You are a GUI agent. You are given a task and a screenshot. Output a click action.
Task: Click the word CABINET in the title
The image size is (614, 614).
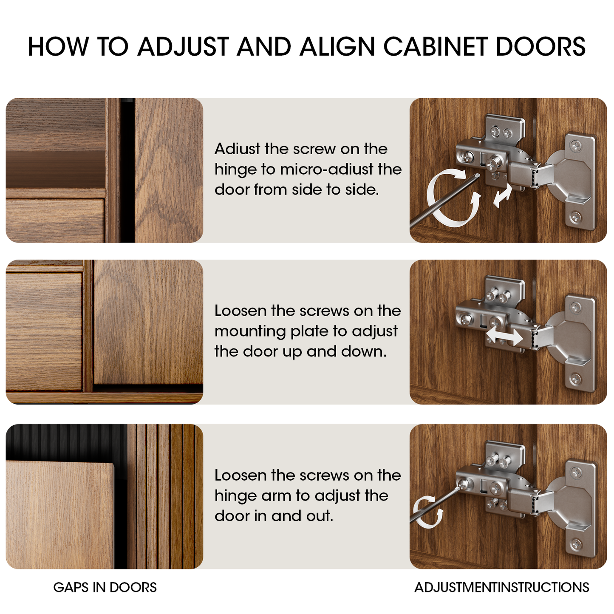tap(435, 46)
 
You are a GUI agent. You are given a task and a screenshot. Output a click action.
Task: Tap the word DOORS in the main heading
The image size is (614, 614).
tap(541, 46)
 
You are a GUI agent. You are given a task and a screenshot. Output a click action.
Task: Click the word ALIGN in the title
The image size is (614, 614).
tap(337, 46)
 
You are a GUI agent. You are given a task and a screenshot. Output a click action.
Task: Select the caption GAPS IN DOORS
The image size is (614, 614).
tap(105, 587)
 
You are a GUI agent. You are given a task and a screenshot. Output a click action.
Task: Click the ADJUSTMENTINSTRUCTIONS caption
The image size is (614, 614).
tap(501, 587)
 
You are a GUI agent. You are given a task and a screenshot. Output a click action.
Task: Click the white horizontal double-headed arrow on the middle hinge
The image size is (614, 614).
tap(504, 336)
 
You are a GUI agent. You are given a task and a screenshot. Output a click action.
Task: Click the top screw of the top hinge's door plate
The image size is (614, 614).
tap(576, 146)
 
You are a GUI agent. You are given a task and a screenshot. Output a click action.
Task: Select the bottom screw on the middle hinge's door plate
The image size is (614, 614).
tap(576, 379)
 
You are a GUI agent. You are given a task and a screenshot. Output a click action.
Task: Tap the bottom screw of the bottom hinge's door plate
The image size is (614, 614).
tap(576, 543)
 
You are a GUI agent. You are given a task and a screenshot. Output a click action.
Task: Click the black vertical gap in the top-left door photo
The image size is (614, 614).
tap(127, 170)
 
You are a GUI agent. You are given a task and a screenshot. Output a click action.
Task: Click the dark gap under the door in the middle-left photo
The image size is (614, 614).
tap(148, 388)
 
